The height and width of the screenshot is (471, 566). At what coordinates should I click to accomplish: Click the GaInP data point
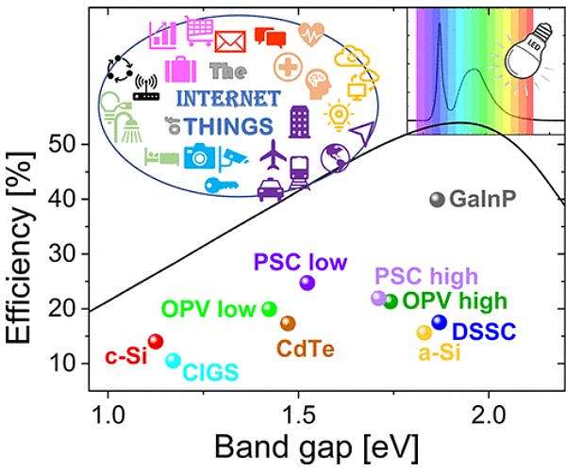[437, 200]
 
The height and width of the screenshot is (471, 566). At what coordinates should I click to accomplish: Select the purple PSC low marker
[307, 283]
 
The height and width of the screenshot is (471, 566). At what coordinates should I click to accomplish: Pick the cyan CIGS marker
[173, 360]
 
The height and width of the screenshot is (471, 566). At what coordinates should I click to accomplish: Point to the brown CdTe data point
[288, 323]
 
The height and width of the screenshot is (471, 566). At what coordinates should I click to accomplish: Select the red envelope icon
[230, 41]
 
